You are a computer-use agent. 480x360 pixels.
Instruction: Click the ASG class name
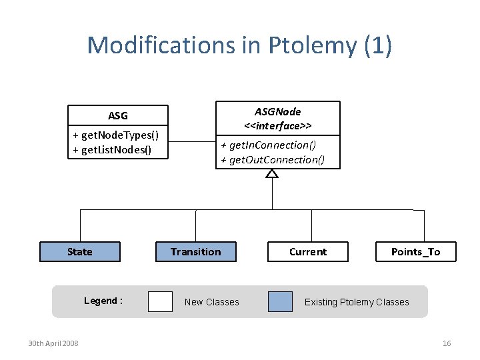(x=118, y=115)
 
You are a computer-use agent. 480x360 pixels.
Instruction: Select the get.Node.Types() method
(x=115, y=135)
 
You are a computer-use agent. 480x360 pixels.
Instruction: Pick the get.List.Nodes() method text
(x=112, y=149)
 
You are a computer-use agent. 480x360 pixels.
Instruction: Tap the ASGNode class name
(x=277, y=111)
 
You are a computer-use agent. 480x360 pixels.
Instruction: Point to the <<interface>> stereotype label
(x=277, y=125)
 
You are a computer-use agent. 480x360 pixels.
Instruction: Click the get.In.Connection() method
(x=268, y=145)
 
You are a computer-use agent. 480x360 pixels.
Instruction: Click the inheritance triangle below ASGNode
(x=271, y=173)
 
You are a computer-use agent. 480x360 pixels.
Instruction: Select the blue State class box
(x=80, y=251)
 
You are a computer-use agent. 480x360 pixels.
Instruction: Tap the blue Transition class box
(x=195, y=251)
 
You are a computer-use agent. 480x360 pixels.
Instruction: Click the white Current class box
(x=307, y=251)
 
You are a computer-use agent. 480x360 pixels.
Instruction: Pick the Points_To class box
(x=415, y=251)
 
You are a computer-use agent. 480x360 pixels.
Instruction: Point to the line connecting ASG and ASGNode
(x=191, y=142)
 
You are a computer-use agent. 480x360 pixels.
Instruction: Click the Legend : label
(x=103, y=301)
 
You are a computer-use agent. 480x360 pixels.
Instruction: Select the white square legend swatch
(x=160, y=301)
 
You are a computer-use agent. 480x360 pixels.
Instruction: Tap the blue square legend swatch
(x=280, y=301)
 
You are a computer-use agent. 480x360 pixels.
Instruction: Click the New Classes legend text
(x=211, y=302)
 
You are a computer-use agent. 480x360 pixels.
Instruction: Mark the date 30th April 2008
(x=53, y=343)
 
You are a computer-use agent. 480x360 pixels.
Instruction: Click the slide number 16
(x=447, y=343)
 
